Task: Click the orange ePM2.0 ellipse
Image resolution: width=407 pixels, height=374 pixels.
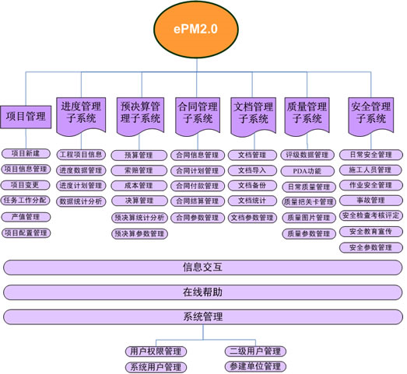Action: click(x=195, y=29)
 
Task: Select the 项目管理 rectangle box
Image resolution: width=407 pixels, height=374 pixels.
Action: click(x=26, y=117)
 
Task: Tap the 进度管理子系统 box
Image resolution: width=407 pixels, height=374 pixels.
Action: click(x=81, y=116)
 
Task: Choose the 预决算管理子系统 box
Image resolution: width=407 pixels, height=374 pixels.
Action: click(x=140, y=116)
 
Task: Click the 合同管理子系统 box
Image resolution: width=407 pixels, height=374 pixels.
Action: click(x=198, y=116)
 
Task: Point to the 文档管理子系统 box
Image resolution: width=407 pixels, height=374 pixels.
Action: click(x=253, y=117)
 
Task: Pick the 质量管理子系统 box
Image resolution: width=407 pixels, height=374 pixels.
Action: click(x=307, y=116)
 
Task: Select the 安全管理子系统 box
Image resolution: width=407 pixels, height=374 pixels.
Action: click(x=370, y=116)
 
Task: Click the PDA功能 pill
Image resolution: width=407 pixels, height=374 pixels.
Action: click(x=307, y=171)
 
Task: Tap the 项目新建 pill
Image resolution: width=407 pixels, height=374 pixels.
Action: click(x=26, y=153)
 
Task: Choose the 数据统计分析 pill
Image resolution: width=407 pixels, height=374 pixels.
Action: click(x=81, y=201)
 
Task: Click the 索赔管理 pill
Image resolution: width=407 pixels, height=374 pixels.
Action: click(x=139, y=170)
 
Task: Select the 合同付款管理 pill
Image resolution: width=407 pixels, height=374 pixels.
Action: click(x=198, y=186)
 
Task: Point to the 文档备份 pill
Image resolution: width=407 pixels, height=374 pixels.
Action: click(x=252, y=185)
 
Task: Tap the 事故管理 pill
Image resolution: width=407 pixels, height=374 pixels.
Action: click(x=371, y=201)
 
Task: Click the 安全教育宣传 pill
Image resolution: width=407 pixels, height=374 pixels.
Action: click(x=371, y=232)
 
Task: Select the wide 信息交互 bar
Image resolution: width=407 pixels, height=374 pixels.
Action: click(x=202, y=267)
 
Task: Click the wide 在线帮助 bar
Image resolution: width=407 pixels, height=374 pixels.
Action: click(x=202, y=292)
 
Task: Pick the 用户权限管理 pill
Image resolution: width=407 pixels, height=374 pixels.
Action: click(x=156, y=351)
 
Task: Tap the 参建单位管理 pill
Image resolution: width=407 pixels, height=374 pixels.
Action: click(x=255, y=366)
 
